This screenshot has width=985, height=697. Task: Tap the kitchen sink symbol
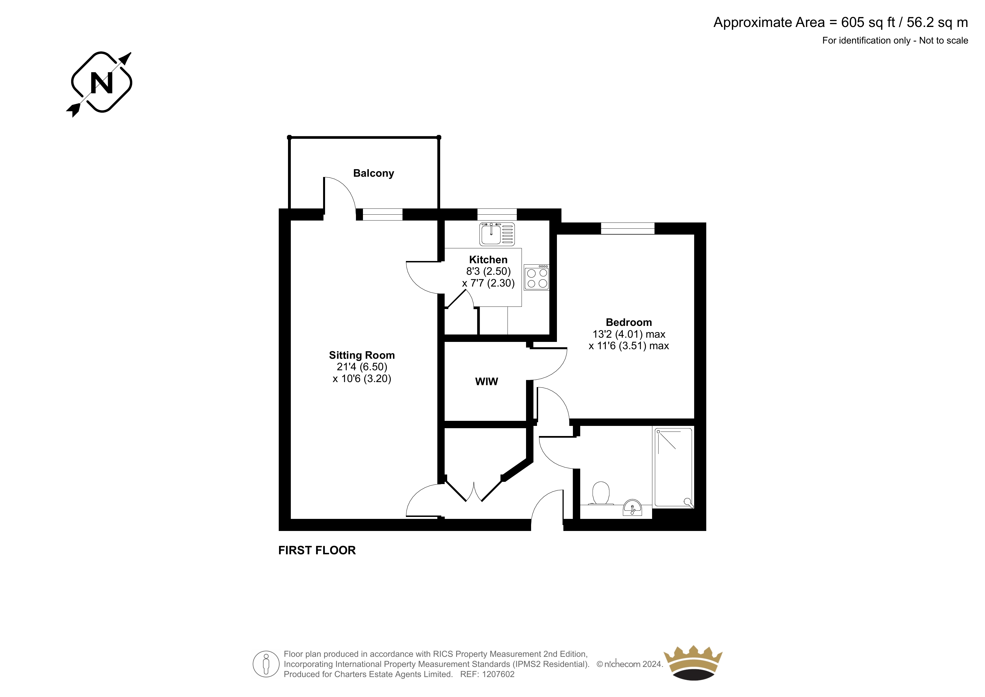(497, 234)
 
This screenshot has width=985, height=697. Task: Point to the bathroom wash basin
(632, 508)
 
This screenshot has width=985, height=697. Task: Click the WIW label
(486, 381)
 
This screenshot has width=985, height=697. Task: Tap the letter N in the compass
(102, 83)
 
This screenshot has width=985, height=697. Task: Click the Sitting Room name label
(362, 355)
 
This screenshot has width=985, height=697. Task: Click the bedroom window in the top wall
(628, 228)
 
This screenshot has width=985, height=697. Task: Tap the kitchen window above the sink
(497, 214)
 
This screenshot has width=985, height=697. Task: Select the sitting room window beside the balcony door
(383, 214)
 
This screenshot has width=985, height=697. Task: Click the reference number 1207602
(498, 674)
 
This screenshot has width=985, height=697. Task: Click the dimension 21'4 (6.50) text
(362, 367)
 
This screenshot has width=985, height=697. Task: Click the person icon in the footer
(266, 664)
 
